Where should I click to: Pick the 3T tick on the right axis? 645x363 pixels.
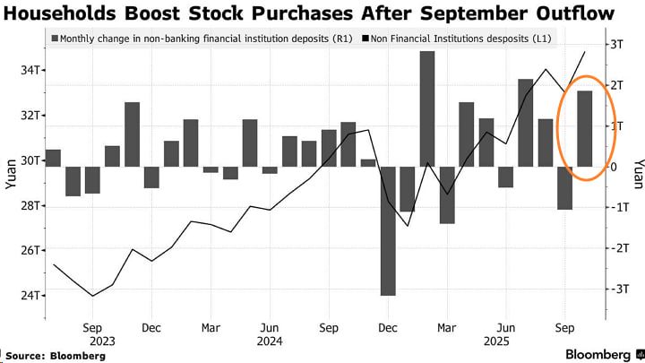pos(617,45)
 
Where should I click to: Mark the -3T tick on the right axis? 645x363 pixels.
pos(617,289)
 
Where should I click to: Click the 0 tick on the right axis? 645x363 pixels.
pos(613,167)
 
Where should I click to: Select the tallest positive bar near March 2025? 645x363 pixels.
pos(427,108)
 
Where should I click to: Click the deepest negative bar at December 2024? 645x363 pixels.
pos(388,230)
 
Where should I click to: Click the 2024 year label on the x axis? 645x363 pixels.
pos(268,341)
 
